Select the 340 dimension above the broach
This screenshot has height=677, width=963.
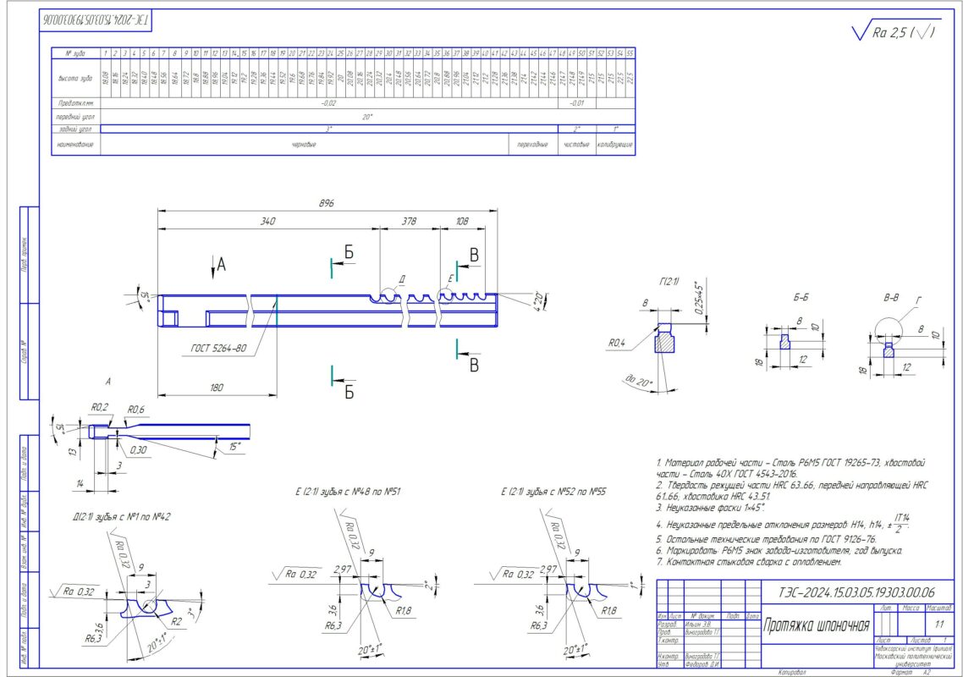click(x=268, y=222)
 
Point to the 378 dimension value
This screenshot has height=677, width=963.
click(x=409, y=222)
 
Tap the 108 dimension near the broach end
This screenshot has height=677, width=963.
click(x=462, y=222)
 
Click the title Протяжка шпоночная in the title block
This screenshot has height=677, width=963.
click(x=817, y=626)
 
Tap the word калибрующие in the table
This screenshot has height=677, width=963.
click(x=615, y=144)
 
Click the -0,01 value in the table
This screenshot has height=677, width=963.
click(x=576, y=103)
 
